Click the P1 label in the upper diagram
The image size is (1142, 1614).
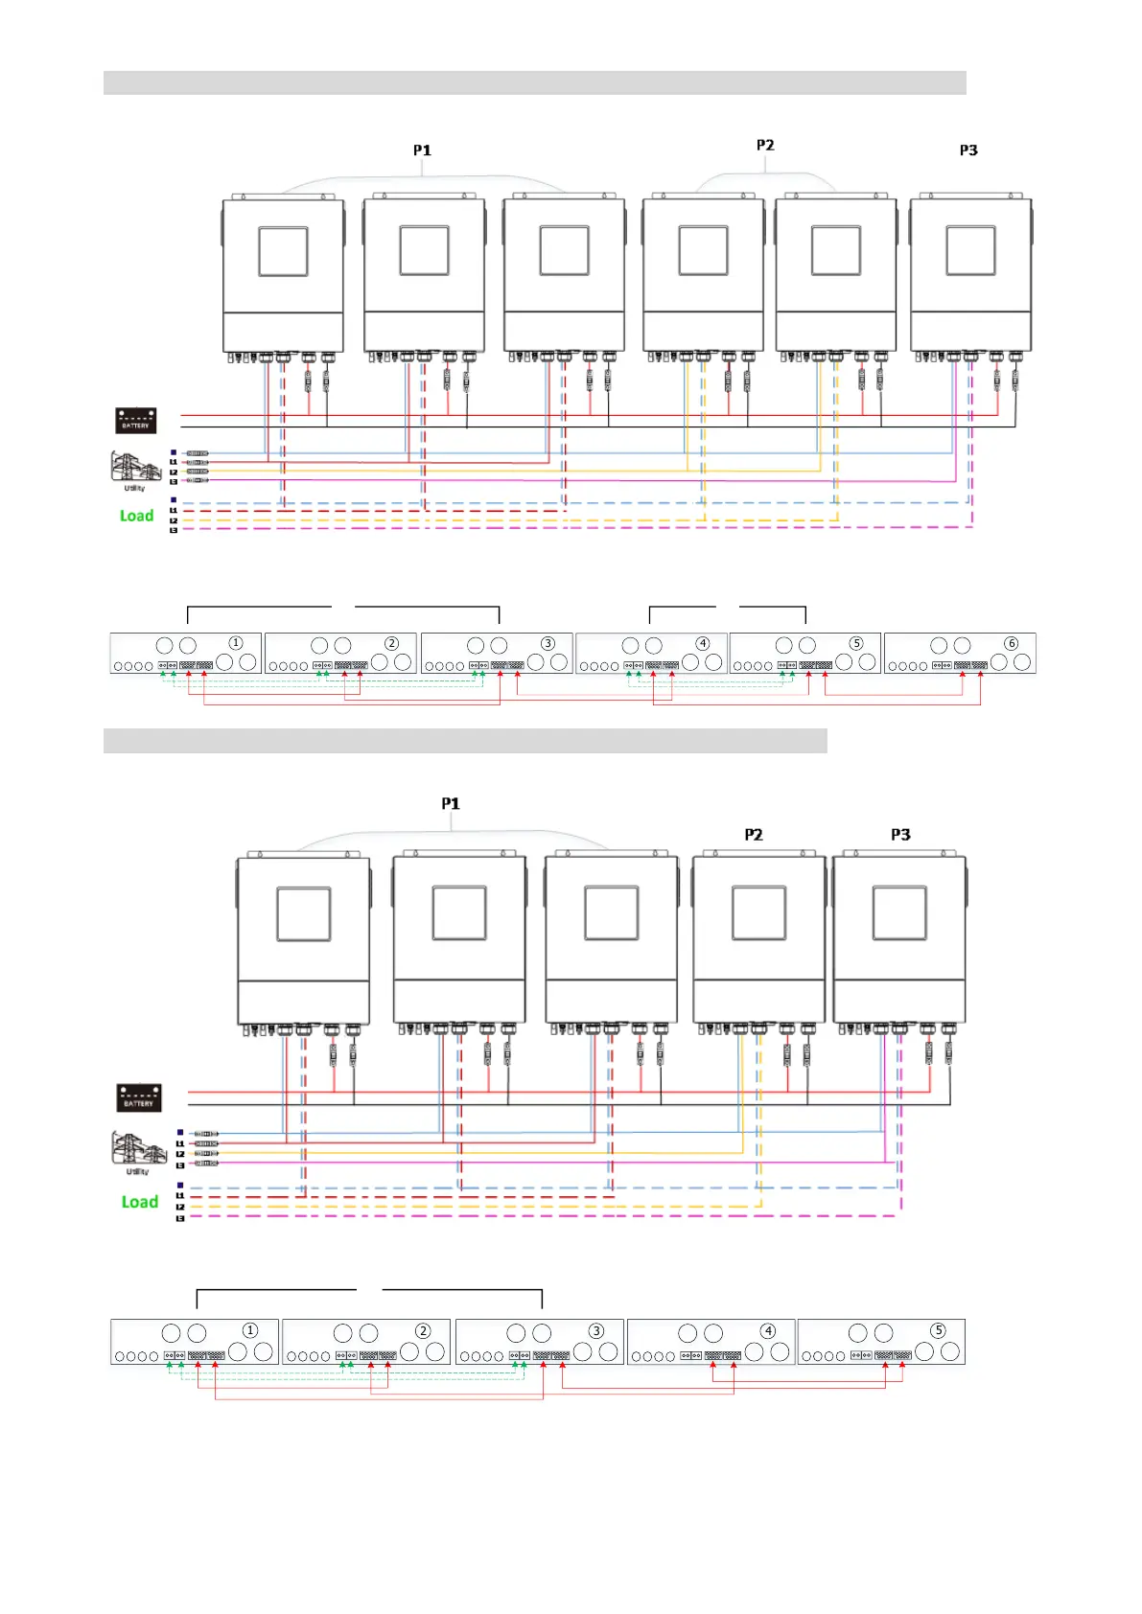422,150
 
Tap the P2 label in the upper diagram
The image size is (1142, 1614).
765,146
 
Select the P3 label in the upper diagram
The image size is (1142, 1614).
968,150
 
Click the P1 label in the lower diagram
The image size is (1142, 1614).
451,804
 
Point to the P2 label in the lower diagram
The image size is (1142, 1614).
754,835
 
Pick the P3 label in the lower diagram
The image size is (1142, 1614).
900,835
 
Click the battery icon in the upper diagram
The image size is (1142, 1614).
135,420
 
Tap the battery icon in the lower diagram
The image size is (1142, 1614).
138,1097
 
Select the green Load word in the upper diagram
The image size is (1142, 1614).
136,516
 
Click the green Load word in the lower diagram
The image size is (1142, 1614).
139,1202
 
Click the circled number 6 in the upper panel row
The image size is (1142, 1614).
1011,643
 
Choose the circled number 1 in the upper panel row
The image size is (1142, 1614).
236,643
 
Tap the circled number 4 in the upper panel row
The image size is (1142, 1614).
703,643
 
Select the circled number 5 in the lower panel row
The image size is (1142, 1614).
938,1330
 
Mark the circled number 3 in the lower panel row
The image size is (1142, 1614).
595,1330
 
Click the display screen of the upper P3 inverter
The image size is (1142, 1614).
970,251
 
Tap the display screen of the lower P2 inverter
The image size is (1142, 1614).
758,912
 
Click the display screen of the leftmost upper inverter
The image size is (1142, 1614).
283,251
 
